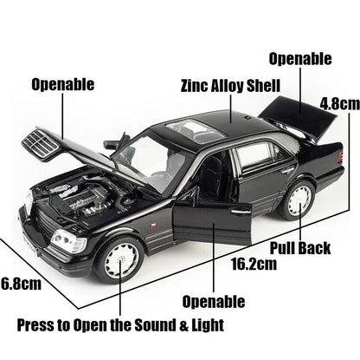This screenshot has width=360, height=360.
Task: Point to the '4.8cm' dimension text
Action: (x=337, y=102)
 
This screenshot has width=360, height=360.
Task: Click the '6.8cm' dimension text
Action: (x=21, y=282)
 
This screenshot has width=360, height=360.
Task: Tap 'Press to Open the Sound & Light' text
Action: (x=121, y=325)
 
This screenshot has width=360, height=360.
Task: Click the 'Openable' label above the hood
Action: (x=63, y=84)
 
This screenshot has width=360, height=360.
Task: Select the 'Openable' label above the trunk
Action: (x=299, y=59)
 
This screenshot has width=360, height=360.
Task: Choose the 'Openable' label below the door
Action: (x=214, y=301)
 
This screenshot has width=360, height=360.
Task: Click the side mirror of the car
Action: (x=112, y=145)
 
